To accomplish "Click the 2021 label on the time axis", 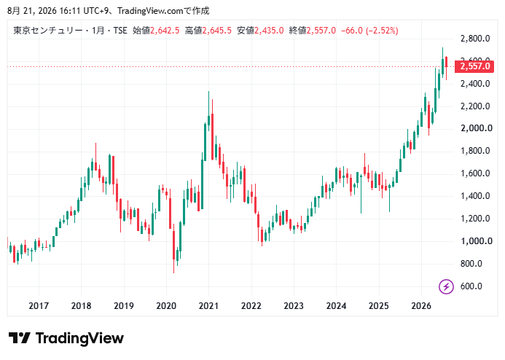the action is [208, 305].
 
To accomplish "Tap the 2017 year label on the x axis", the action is [39, 305].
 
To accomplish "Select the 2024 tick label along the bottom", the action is [336, 305].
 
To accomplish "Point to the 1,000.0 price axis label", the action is [477, 241].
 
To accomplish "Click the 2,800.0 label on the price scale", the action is [475, 39].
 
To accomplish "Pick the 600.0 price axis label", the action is [471, 286].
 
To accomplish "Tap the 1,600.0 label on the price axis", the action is [475, 173].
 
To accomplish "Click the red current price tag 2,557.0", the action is [474, 66].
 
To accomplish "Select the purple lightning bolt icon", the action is [446, 286].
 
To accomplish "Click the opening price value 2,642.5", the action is [165, 31].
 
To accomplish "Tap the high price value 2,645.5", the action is [216, 31].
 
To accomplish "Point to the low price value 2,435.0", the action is [269, 31].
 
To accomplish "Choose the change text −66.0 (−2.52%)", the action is [369, 31].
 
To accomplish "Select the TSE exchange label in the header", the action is [120, 31].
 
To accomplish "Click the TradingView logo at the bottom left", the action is [66, 338].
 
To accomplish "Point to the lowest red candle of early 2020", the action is [174, 246].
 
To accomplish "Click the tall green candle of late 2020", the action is [205, 141].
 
